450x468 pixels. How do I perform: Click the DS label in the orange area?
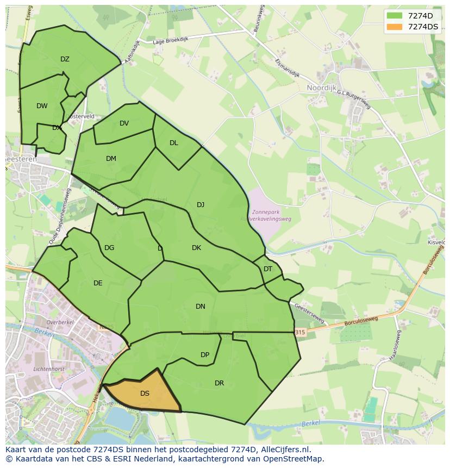click(145, 394)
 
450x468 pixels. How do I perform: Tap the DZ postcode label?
click(65, 59)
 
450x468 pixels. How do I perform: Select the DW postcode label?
click(42, 106)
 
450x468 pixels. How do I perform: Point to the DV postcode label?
click(124, 123)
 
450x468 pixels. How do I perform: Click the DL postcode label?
click(173, 143)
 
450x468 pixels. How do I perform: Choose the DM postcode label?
click(111, 159)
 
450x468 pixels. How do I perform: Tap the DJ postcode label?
click(201, 205)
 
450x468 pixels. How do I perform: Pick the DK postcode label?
click(196, 248)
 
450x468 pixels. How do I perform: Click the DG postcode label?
click(109, 248)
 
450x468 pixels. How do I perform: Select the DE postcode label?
click(98, 283)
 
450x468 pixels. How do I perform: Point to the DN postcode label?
click(201, 307)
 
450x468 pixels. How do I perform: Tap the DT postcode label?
click(268, 269)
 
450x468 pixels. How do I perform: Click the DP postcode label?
click(205, 355)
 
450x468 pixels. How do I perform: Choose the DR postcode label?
click(219, 383)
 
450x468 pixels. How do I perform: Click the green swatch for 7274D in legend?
click(395, 16)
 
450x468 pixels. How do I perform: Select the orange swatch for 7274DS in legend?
click(395, 27)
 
